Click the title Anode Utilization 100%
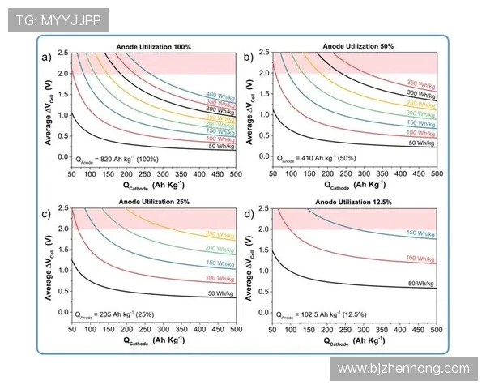click(153, 48)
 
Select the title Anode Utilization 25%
click(153, 202)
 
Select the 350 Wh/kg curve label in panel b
click(421, 83)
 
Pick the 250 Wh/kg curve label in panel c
click(221, 233)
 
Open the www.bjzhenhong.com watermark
click(403, 368)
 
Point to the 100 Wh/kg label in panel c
click(221, 278)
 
